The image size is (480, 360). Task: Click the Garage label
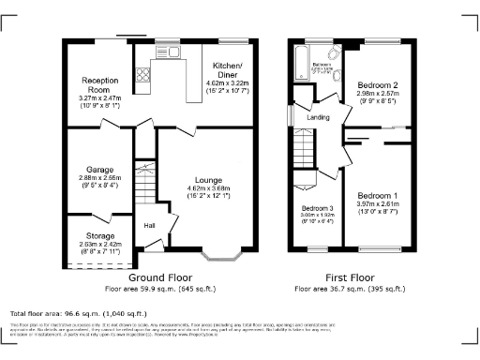[97, 170]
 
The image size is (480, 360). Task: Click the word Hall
[149, 225]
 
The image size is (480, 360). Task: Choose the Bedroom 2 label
[378, 85]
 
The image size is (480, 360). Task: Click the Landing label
[318, 117]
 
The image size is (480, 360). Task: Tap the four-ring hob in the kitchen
[144, 72]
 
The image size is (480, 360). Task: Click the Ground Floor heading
[155, 278]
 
